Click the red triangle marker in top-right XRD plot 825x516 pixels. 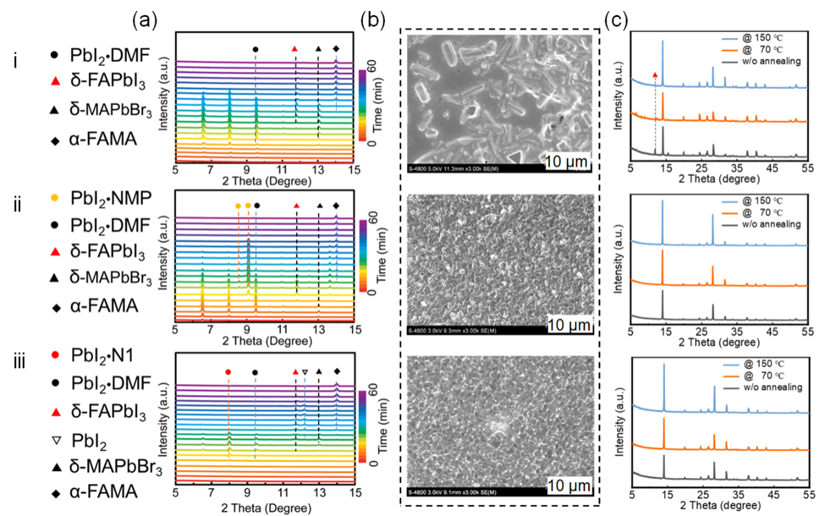(x=655, y=75)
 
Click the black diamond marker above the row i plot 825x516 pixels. (x=336, y=49)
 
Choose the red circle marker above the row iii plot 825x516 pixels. (x=228, y=372)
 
